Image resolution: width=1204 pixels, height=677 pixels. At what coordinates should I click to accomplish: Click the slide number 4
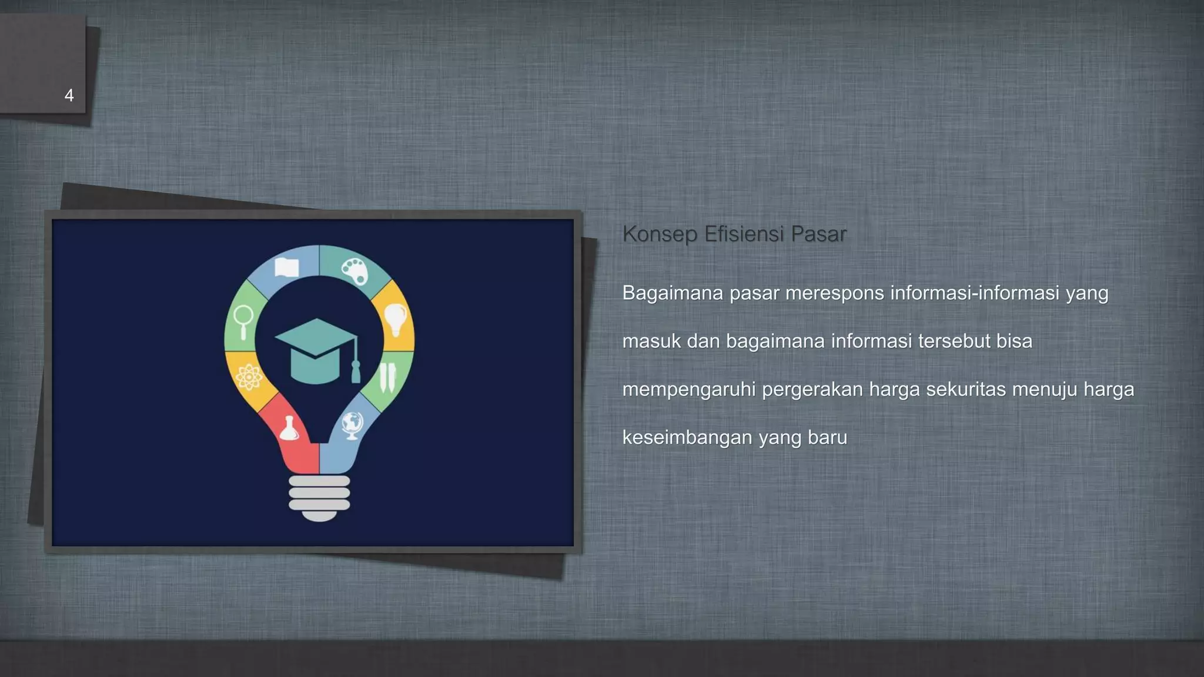coord(69,95)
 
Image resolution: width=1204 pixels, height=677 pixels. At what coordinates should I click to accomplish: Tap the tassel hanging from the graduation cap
coord(355,370)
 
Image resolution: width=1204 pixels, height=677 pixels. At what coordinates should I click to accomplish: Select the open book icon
coord(287,267)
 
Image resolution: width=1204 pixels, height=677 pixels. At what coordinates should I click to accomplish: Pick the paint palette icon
coord(354,270)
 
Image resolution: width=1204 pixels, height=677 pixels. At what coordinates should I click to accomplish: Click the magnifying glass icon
coord(243,320)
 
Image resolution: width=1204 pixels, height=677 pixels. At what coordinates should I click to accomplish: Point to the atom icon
coord(249,377)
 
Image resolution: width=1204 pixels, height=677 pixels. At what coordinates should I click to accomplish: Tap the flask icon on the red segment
coord(289,429)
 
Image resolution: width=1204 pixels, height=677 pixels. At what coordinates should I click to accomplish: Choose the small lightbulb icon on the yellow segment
coord(396,319)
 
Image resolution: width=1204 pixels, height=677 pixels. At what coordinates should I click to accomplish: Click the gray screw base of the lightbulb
coord(319,497)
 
